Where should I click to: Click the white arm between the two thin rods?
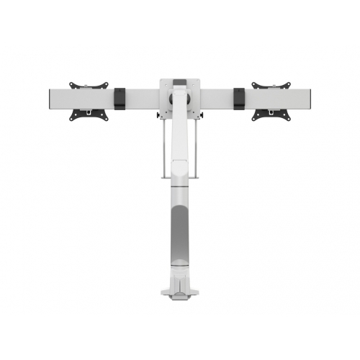click(x=180, y=144)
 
